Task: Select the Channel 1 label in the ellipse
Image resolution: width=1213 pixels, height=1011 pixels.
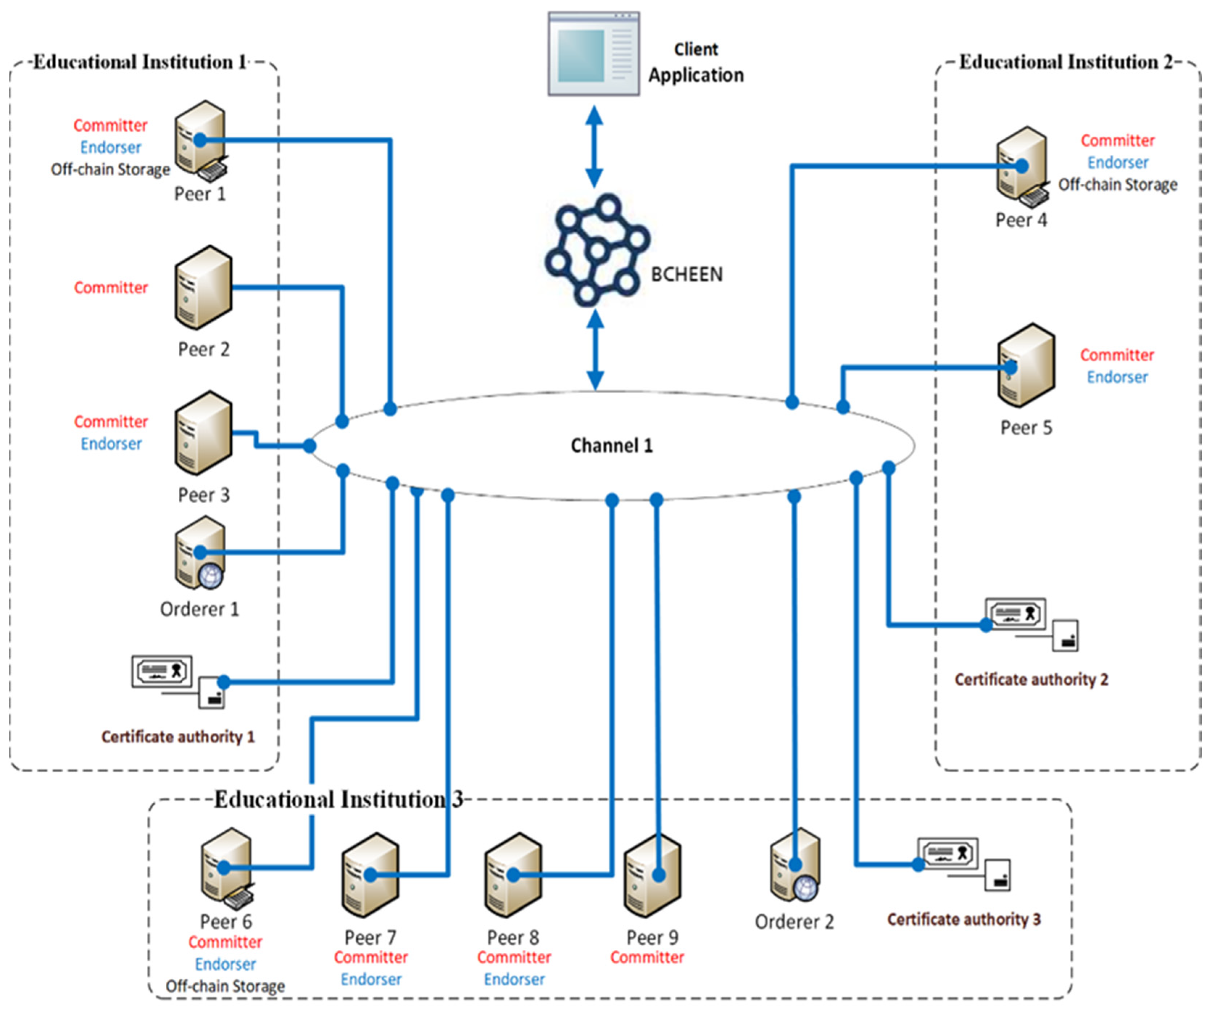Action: [611, 445]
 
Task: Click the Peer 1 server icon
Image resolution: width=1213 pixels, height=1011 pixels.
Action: [200, 138]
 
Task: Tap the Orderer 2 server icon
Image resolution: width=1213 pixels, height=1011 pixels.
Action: [795, 864]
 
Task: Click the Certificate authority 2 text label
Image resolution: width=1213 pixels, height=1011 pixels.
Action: [1031, 679]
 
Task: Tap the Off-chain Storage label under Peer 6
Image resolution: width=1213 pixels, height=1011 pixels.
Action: [225, 986]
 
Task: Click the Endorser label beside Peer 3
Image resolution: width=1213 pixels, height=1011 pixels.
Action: [111, 444]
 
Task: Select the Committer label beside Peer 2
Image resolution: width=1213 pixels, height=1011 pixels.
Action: [111, 288]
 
